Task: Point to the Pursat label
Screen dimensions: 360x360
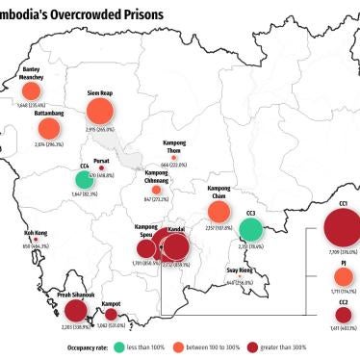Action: (102, 164)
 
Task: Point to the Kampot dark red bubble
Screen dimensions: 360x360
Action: (111, 314)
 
